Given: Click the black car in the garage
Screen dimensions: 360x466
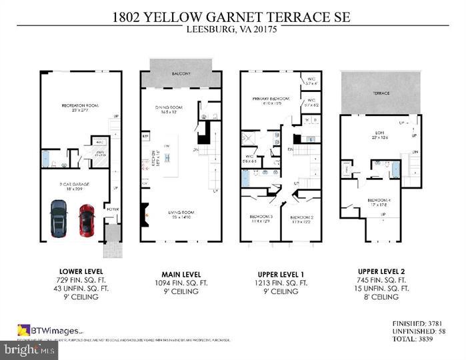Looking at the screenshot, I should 59,219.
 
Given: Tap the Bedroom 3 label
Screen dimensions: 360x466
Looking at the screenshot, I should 262,217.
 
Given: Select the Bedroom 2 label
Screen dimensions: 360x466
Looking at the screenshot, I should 302,217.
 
